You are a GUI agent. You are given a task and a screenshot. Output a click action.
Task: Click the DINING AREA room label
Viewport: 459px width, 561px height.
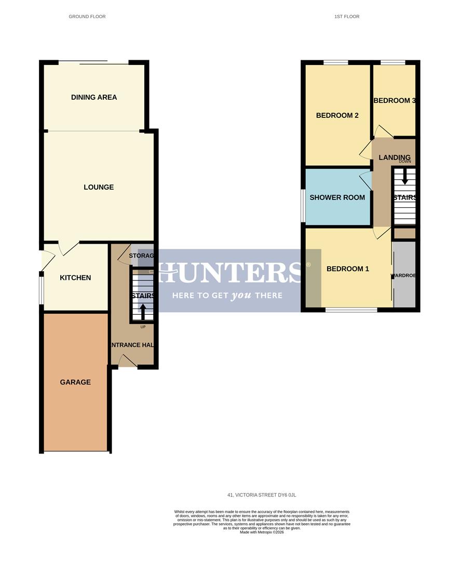click(94, 97)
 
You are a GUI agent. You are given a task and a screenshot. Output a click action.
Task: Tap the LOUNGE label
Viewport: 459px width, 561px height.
click(99, 187)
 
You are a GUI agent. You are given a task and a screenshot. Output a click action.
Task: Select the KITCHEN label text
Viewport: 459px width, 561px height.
click(75, 278)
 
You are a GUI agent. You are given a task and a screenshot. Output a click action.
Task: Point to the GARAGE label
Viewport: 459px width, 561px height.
click(75, 382)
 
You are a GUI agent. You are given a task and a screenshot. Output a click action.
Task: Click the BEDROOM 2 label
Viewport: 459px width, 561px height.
click(337, 115)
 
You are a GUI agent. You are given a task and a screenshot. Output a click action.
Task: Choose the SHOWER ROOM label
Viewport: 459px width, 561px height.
click(337, 197)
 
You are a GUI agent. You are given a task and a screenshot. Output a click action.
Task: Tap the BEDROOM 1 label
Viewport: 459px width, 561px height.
click(348, 269)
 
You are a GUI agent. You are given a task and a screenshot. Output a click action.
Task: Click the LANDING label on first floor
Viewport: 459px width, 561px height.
click(395, 157)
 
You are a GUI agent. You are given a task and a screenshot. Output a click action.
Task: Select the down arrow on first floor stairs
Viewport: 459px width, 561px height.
click(404, 179)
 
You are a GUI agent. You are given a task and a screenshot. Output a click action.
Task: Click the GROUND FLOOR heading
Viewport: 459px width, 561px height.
click(87, 17)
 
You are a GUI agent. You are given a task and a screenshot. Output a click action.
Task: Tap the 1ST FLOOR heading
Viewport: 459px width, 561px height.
click(347, 17)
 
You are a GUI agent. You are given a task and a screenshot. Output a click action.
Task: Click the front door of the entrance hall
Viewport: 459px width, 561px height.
click(128, 362)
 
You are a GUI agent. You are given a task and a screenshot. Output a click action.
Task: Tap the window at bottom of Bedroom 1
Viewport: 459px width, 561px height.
click(352, 310)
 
